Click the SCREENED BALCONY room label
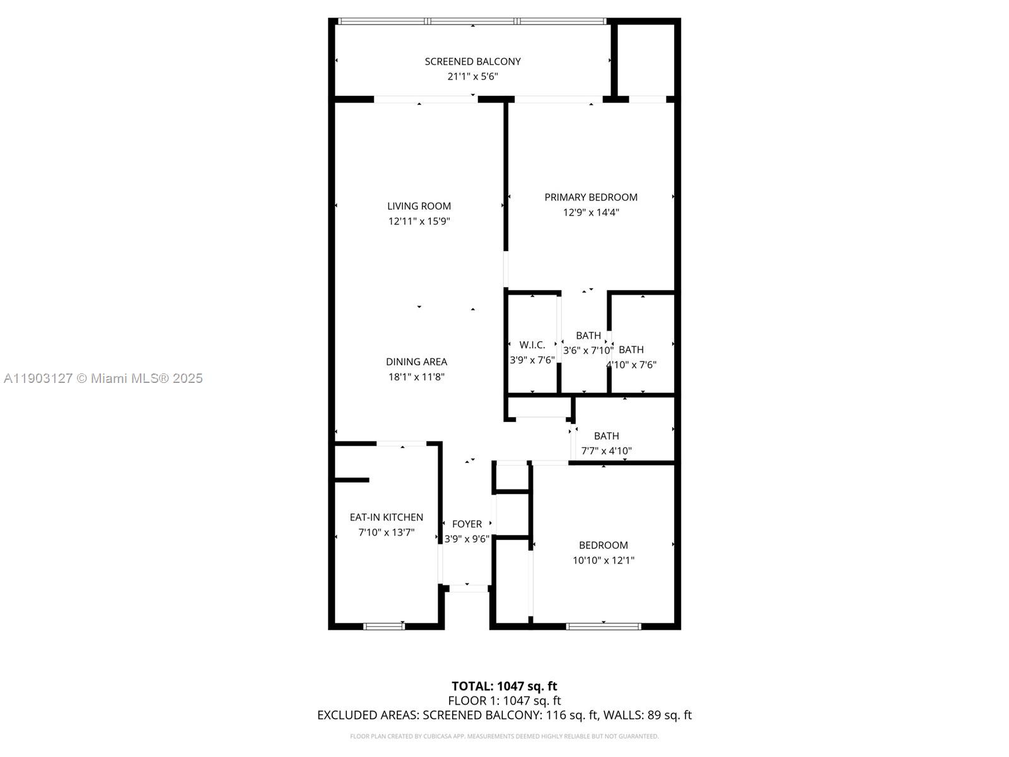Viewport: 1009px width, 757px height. click(472, 61)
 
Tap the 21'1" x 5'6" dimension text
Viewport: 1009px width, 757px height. click(472, 76)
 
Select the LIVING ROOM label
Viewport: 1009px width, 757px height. click(419, 206)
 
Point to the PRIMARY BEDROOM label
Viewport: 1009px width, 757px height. click(591, 197)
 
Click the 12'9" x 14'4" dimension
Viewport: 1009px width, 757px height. click(591, 213)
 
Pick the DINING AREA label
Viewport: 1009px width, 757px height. click(416, 361)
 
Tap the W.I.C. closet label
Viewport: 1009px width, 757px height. click(532, 344)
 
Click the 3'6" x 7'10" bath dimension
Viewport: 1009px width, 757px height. click(587, 350)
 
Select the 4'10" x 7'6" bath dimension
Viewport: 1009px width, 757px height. click(631, 365)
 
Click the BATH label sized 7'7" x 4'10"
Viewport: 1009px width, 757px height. click(606, 436)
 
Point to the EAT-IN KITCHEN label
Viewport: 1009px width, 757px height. click(386, 517)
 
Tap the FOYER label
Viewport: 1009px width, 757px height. click(467, 524)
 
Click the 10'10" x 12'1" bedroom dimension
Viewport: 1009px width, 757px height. click(603, 560)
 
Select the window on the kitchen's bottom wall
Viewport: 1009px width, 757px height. click(384, 626)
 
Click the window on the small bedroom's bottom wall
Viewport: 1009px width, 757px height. click(604, 626)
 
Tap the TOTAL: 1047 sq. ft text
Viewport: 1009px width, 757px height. click(504, 686)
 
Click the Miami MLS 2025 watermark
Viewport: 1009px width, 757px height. click(103, 378)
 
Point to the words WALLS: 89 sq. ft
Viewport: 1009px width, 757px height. click(647, 715)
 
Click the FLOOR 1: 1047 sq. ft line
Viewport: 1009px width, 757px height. click(504, 700)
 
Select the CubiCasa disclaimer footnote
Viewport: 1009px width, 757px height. click(504, 736)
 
